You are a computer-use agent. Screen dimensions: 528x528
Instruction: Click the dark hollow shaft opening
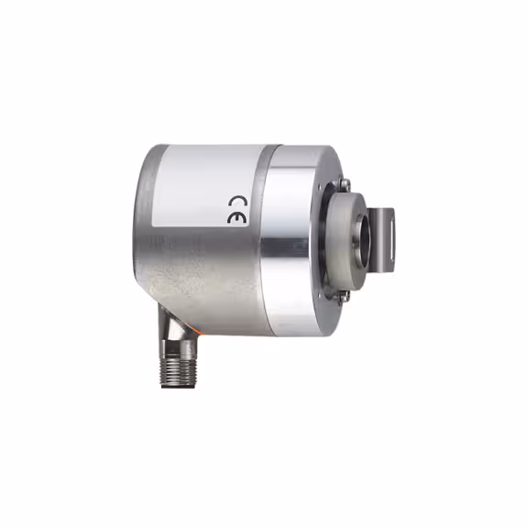[365, 240]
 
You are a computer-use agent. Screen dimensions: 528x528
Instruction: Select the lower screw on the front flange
[344, 295]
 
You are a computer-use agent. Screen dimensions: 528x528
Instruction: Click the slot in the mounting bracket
[390, 239]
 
